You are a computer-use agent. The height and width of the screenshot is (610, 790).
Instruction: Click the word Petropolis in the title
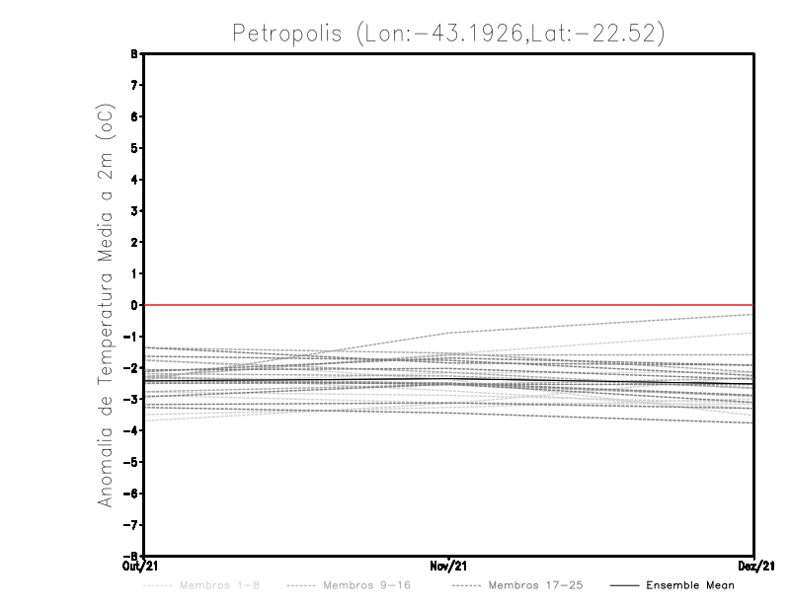coord(287,34)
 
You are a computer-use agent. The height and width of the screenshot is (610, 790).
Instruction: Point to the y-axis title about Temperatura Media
coord(106,306)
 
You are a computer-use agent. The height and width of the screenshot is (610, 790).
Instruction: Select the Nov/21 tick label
coord(449,567)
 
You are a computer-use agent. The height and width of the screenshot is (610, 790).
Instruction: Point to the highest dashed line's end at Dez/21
coord(752,314)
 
